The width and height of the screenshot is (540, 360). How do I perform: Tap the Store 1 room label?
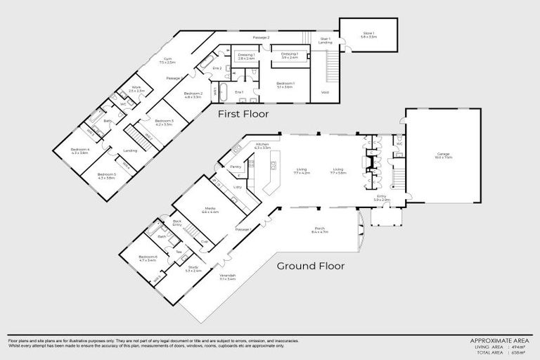[368, 32]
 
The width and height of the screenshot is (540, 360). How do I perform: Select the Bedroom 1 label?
[285, 84]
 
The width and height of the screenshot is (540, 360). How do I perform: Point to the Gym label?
[167, 60]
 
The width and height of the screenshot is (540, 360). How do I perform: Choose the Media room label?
[210, 209]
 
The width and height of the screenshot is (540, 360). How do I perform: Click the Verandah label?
[227, 276]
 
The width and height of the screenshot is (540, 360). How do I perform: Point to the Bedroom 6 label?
[148, 258]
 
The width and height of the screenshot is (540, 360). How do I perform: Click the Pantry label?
[236, 167]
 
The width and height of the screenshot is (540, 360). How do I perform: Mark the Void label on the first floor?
[324, 91]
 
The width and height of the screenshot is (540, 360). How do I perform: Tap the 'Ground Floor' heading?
[310, 266]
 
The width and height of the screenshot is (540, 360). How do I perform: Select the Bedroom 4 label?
[79, 150]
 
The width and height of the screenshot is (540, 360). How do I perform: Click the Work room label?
[136, 89]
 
